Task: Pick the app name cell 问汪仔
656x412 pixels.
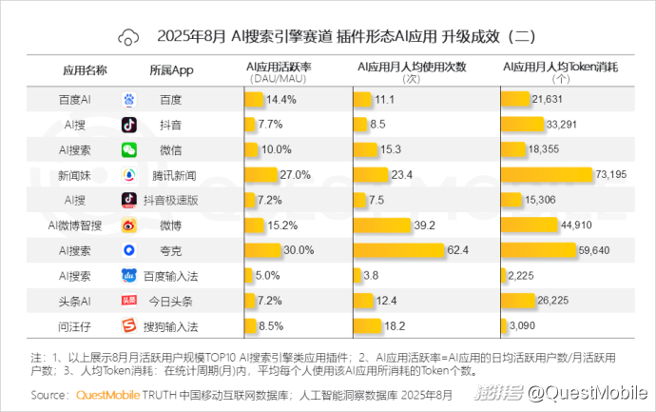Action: tap(75, 325)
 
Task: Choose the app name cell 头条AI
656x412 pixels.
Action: tap(75, 301)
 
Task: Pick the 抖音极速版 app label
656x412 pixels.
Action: tap(171, 200)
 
